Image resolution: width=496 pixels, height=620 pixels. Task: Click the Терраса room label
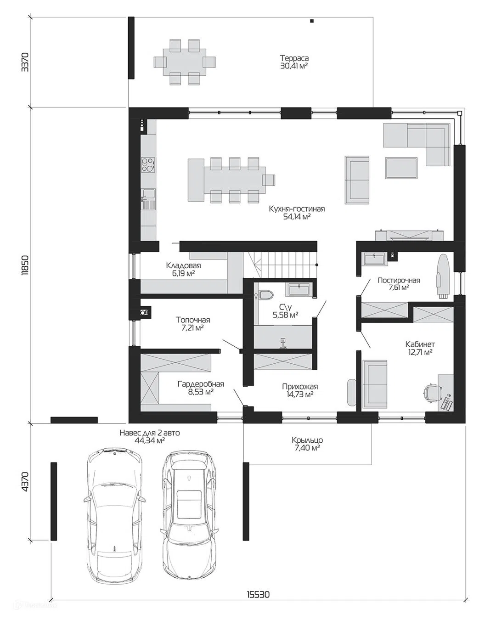(294, 58)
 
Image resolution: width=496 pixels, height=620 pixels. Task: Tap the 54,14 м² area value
(297, 217)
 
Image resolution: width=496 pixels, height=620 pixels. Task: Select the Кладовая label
(183, 265)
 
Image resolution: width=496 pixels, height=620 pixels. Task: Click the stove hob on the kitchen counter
(148, 165)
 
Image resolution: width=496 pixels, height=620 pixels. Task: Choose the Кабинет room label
(420, 344)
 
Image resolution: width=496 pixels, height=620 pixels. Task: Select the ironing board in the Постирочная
(442, 276)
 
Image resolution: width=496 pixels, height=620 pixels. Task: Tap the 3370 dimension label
(25, 62)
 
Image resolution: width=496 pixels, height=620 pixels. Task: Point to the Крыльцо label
(307, 440)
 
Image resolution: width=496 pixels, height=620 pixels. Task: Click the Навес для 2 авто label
(150, 433)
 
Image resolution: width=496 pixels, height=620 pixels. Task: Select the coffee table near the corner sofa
(401, 168)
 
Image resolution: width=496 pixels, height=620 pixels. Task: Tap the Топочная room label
(193, 320)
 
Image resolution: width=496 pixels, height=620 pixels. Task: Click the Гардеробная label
(201, 384)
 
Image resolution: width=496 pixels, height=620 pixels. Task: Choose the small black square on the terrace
(312, 21)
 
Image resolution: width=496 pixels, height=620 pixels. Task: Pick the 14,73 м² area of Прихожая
(300, 395)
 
